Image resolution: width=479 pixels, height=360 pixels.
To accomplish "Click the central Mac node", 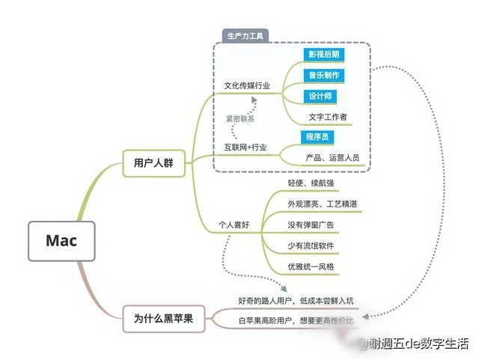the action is [61, 241].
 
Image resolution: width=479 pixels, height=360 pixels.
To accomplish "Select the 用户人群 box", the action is [153, 163].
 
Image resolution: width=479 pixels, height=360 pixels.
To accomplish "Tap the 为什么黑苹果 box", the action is [163, 319].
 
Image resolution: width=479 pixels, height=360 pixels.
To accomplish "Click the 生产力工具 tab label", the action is [245, 36].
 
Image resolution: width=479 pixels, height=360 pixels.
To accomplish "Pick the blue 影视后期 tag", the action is [324, 55].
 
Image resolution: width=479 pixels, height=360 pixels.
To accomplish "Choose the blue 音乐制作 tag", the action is [324, 75].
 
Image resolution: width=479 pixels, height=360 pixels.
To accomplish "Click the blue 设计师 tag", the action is [320, 97].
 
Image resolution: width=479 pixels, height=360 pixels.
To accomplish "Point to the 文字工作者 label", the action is [328, 117].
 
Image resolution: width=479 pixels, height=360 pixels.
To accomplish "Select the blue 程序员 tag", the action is [317, 137].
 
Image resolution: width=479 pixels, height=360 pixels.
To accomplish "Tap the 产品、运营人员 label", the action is [332, 158].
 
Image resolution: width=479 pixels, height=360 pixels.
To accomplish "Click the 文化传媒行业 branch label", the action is [247, 85].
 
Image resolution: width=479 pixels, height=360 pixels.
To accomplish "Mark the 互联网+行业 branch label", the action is [245, 147].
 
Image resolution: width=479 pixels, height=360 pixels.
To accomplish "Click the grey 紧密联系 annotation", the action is [240, 119].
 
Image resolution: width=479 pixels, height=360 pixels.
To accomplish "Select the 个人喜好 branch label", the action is [234, 225].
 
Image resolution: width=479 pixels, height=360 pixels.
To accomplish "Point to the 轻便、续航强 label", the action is [311, 183].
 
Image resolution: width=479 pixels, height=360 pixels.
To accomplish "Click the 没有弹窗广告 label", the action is [311, 225].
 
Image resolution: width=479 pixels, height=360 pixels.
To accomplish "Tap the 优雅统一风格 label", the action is [311, 266].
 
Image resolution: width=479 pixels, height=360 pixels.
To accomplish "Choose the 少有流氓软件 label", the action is [311, 245].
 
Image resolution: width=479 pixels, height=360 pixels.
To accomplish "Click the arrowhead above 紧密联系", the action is [254, 100].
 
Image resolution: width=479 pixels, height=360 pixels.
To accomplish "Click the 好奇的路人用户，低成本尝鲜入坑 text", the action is [296, 301].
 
